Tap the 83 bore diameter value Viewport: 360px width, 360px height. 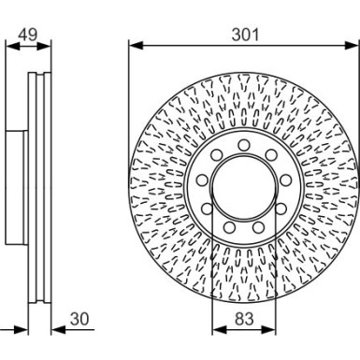[243, 318]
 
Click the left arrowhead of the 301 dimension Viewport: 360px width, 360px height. [133, 44]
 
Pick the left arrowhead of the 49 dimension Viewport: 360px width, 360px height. [9, 44]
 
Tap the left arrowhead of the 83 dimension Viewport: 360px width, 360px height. [217, 330]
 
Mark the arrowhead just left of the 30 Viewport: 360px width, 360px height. [54, 330]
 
